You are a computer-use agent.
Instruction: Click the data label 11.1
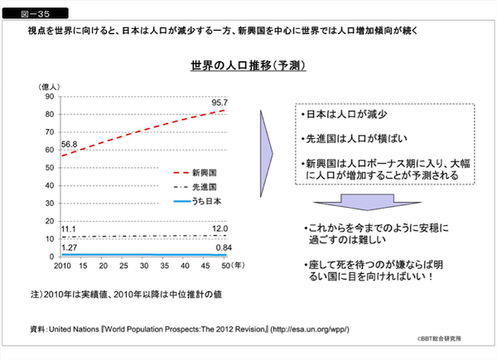[70, 228]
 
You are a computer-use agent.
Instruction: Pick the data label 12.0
[220, 228]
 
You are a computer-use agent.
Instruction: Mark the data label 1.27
[70, 247]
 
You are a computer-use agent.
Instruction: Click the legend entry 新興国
[204, 173]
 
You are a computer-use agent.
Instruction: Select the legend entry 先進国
[204, 187]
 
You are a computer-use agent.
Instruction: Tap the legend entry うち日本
[207, 201]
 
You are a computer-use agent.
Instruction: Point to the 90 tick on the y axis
[50, 97]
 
